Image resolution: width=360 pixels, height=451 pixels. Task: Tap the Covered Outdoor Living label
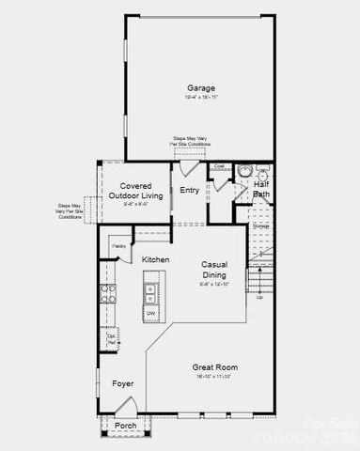tap(135, 191)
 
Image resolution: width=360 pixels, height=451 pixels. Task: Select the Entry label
tap(189, 191)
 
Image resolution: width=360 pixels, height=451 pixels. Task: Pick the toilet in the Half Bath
tap(243, 171)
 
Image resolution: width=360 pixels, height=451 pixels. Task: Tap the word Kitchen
tap(155, 258)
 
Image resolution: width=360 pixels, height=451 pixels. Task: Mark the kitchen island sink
tap(150, 290)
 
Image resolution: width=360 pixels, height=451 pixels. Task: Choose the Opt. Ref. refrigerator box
tap(111, 339)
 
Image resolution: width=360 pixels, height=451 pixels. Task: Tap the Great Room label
tap(215, 366)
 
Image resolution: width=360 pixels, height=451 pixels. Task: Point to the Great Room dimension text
tap(215, 377)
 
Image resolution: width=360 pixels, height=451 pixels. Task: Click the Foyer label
tap(123, 383)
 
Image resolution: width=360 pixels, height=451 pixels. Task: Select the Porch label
tap(125, 426)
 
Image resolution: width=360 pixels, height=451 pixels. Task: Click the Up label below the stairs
tap(260, 296)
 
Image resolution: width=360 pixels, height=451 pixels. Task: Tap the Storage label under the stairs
tap(261, 225)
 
